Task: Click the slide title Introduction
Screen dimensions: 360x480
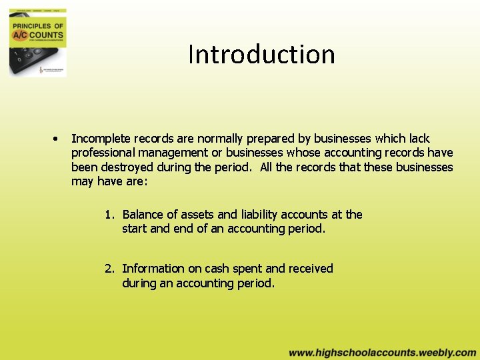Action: coord(261,54)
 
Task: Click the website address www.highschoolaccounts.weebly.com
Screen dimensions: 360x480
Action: coord(382,353)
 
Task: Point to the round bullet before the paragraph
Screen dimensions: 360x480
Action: coord(57,139)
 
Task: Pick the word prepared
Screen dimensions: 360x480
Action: coord(273,139)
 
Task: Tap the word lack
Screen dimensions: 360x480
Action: coord(418,139)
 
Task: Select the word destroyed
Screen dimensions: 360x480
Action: coord(129,167)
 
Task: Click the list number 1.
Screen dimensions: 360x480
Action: coord(109,215)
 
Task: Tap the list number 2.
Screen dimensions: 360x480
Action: coord(109,269)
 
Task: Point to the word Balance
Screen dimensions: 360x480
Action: coord(143,215)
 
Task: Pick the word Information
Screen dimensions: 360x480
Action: coord(153,269)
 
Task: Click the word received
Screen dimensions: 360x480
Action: coord(310,269)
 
